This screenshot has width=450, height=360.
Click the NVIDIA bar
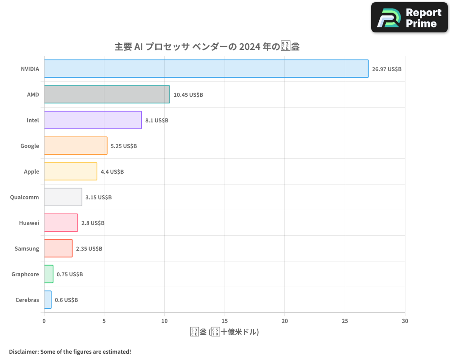206,69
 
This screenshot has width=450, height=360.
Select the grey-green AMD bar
107,94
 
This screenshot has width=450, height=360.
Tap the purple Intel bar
93,120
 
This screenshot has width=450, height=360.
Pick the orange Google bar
76,146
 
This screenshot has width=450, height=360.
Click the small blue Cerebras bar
48,300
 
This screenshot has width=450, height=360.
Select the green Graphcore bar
49,274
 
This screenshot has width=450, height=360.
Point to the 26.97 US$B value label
387,69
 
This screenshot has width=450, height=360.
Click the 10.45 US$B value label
188,95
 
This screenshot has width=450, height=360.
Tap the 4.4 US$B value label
112,172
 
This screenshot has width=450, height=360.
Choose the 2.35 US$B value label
89,249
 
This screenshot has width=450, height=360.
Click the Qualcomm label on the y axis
24,197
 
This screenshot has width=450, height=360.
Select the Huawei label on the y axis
29,223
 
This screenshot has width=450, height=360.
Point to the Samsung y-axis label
27,248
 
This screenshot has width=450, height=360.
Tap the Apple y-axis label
31,171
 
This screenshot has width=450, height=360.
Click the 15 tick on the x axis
225,321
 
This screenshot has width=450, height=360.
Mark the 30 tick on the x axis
405,321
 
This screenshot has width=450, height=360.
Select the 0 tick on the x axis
44,321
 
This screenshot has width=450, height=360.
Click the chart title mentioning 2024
207,47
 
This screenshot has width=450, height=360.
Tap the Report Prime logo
409,18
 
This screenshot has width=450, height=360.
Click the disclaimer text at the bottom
70,351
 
